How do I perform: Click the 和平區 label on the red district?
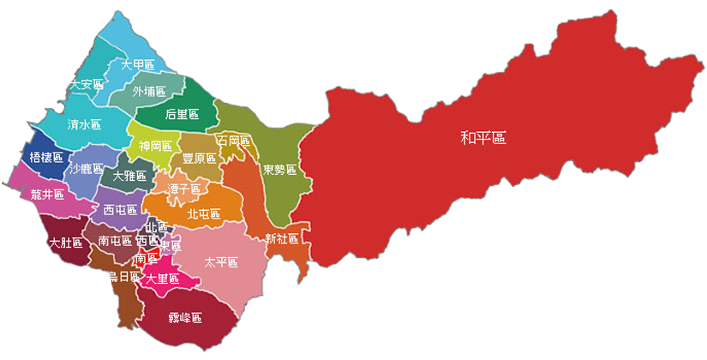tap(483, 137)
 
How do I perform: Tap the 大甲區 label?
tap(137, 65)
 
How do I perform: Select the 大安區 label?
tap(87, 85)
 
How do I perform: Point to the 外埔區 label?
tap(149, 90)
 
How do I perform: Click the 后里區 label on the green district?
tap(181, 114)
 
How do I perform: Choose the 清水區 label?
tap(84, 124)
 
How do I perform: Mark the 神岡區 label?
tap(155, 146)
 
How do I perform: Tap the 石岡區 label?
tap(233, 140)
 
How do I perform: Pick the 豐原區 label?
tap(199, 159)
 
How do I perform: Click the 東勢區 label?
tap(279, 169)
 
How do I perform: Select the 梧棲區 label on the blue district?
tap(46, 157)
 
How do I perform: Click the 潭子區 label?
tap(183, 188)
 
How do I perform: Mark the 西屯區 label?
tap(119, 210)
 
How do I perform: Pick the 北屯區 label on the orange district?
tap(203, 213)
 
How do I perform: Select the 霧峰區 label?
tap(185, 318)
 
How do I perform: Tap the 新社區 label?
tap(281, 237)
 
